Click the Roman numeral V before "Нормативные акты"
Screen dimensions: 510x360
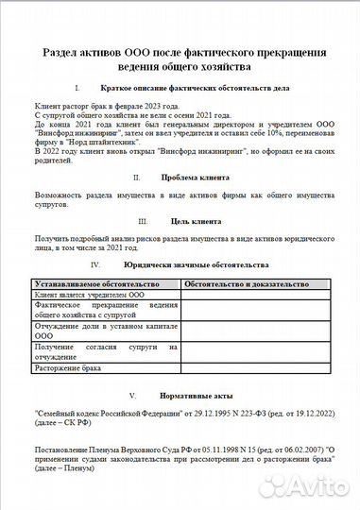(x=132, y=394)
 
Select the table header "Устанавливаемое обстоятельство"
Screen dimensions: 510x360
(x=94, y=283)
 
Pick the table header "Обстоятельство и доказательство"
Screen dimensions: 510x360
(x=246, y=283)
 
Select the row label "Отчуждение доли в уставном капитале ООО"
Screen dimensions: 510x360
(x=105, y=331)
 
